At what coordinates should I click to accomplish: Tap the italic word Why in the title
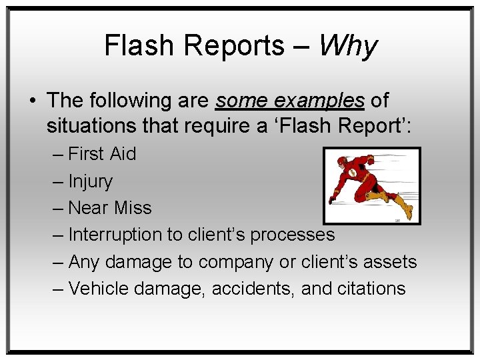(347, 46)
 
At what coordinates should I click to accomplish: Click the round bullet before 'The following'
(32, 101)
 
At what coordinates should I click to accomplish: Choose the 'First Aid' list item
(101, 154)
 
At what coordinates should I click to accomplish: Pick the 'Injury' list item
(90, 181)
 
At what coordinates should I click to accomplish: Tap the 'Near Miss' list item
(109, 208)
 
